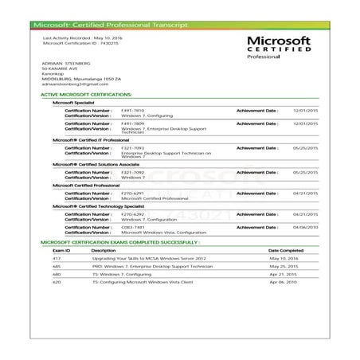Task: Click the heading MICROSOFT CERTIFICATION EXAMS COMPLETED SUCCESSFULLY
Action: (120, 240)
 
